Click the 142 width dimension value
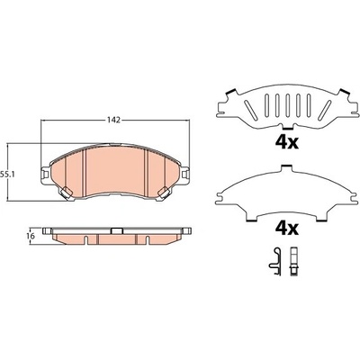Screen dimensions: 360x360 [114, 121]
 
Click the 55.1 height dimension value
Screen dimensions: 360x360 [6, 174]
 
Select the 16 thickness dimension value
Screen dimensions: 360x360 [31, 236]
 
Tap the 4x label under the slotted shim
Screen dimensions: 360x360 [287, 143]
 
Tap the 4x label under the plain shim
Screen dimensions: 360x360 [287, 229]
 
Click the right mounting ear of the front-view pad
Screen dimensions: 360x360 [185, 174]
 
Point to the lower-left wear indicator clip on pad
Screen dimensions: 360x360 [66, 193]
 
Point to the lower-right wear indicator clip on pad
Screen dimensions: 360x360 [164, 193]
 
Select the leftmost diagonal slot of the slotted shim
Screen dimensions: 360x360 [250, 109]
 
